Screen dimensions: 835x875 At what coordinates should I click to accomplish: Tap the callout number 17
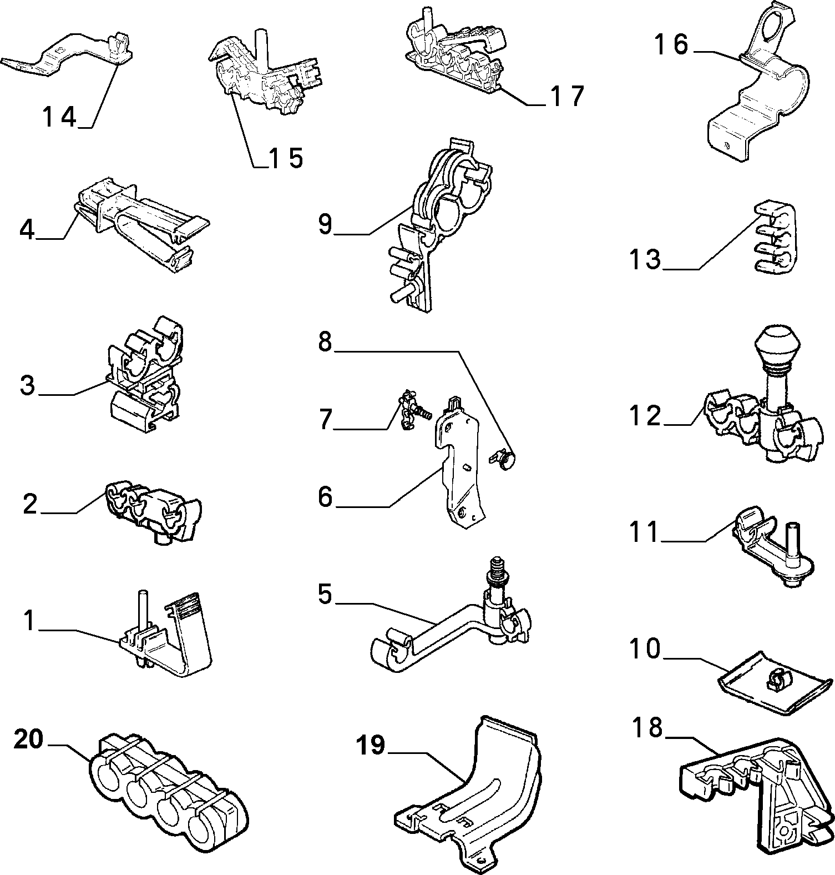[568, 95]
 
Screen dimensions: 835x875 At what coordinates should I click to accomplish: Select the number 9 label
[325, 224]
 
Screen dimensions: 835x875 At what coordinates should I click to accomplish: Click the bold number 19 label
[371, 745]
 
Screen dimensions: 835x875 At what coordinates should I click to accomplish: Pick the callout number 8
[325, 342]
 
